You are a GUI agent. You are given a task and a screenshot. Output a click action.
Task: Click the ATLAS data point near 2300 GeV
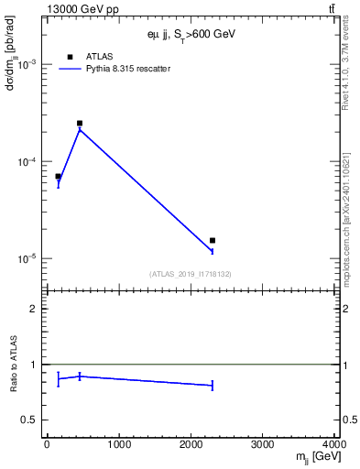pyautogui.click(x=213, y=240)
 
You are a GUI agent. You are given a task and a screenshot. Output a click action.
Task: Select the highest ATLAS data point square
pyautogui.click(x=80, y=123)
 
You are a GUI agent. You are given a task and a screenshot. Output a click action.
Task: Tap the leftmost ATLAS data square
pyautogui.click(x=58, y=176)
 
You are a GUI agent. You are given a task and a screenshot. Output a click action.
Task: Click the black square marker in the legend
pyautogui.click(x=70, y=57)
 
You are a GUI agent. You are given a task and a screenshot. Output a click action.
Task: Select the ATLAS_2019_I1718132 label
pyautogui.click(x=191, y=274)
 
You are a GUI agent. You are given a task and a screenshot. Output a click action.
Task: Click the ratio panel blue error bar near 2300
pyautogui.click(x=213, y=386)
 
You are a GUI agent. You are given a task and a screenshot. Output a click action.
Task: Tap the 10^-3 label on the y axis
pyautogui.click(x=29, y=64)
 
